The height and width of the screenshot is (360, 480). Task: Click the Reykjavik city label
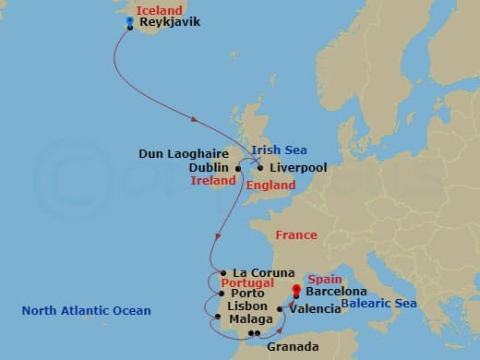(169, 21)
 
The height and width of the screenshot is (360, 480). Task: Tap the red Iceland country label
(161, 9)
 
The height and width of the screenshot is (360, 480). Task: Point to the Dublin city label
(209, 168)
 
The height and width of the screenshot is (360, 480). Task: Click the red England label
(270, 186)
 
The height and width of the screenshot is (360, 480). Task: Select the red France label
(295, 235)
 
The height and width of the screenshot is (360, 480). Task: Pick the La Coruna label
(264, 272)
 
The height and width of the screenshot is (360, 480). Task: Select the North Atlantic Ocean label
(86, 310)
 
